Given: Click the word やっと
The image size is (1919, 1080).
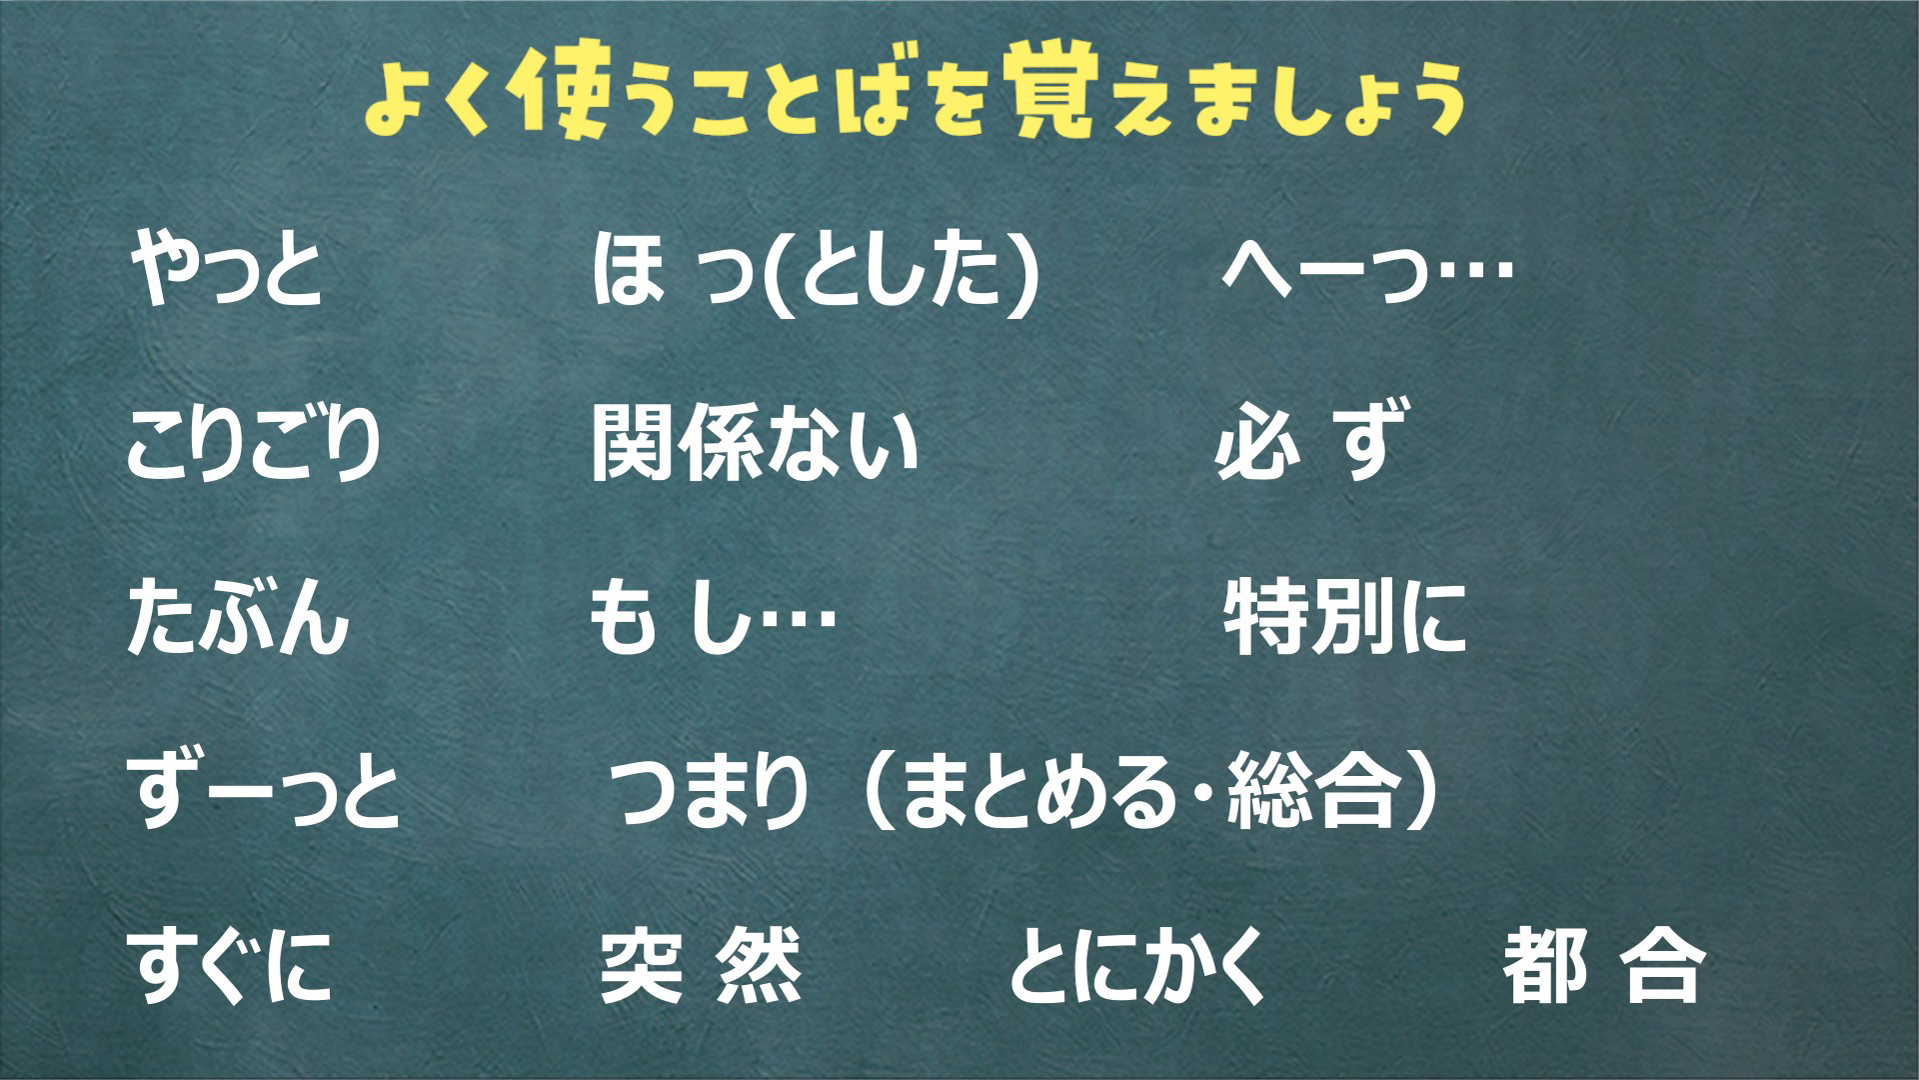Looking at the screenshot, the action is pyautogui.click(x=227, y=273).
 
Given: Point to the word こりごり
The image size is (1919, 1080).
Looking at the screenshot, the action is pyautogui.click(x=254, y=445).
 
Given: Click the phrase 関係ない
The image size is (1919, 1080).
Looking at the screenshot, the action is pyautogui.click(x=755, y=446).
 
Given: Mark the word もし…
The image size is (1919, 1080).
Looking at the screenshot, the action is pyautogui.click(x=711, y=620).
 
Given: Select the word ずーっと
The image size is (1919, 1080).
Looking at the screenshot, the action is pyautogui.click(x=263, y=793).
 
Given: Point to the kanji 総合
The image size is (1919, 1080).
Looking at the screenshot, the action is pyautogui.click(x=1310, y=793).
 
